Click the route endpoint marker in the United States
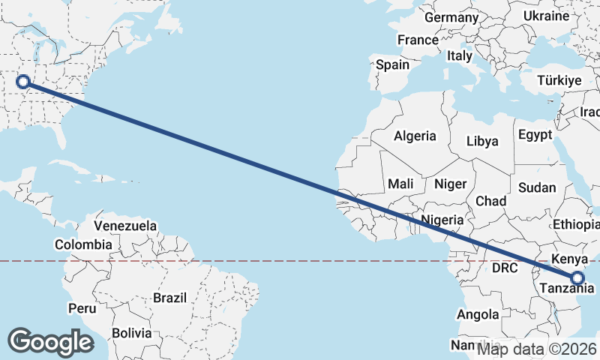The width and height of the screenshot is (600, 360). click(23, 82)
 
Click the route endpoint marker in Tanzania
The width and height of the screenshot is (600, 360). click(577, 278)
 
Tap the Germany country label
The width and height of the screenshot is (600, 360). click(451, 17)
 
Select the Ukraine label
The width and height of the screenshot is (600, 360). click(545, 16)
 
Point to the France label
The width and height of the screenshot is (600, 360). click(418, 40)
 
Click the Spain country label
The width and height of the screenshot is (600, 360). click(392, 64)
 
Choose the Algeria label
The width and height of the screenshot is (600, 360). click(415, 136)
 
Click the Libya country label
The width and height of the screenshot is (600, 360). click(481, 140)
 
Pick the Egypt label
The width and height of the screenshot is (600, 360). click(535, 135)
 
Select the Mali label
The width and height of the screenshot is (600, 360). click(400, 184)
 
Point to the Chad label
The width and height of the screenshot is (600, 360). click(490, 201)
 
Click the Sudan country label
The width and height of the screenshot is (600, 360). click(538, 187)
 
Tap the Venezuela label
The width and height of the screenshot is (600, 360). click(125, 225)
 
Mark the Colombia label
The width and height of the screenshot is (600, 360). click(83, 244)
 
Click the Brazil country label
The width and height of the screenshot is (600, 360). click(169, 298)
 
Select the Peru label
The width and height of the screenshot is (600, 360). click(82, 308)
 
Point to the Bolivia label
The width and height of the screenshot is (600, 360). click(131, 332)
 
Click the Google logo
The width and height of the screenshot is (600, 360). click(50, 342)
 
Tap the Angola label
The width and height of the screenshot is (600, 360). click(478, 314)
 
